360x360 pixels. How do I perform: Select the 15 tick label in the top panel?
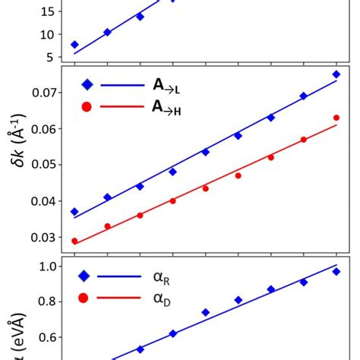[x=47, y=12]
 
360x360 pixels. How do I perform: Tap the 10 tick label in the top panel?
[x=47, y=34]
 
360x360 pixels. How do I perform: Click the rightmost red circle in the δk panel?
[x=336, y=118]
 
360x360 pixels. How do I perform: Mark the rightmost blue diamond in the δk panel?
[x=336, y=74]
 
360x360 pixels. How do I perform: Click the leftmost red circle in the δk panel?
[x=74, y=241]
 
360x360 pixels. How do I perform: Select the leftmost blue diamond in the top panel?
[x=74, y=45]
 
